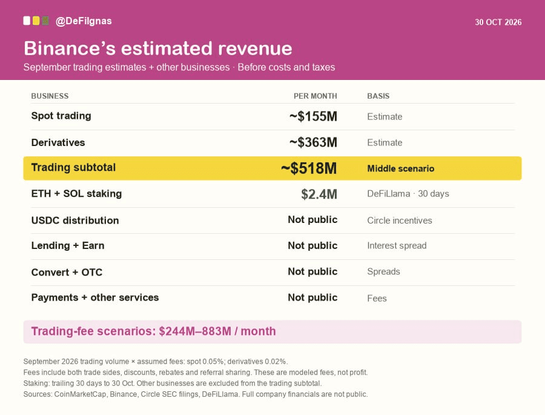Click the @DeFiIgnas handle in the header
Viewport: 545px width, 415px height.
coord(84,21)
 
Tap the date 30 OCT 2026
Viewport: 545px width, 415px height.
coord(498,22)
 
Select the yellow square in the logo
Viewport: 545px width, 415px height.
coord(36,21)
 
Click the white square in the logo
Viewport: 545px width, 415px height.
coord(27,21)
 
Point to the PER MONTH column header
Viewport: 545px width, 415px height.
coord(315,96)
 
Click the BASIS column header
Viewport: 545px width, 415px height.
coord(378,96)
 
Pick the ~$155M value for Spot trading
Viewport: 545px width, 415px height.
coord(313,116)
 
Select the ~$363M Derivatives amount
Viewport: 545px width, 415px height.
coord(313,142)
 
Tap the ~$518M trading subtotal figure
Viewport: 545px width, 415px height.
coord(309,168)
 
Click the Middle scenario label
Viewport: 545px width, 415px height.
coord(401,168)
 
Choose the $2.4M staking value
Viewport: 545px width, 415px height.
coord(319,194)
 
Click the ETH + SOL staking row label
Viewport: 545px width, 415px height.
coord(76,194)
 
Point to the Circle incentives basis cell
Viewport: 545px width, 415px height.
coord(400,221)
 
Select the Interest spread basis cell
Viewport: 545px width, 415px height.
coord(397,245)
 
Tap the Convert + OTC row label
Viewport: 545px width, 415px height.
coord(67,272)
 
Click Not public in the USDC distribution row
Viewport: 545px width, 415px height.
coord(312,219)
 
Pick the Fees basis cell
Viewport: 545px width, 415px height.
coord(377,299)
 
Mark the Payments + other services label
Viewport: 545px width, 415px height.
coord(95,297)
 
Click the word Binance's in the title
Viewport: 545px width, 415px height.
coord(70,48)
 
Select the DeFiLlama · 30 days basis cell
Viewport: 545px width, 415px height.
coord(408,194)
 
